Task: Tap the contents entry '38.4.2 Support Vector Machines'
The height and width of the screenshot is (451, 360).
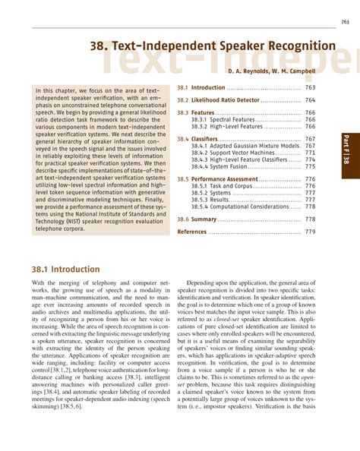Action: [234, 153]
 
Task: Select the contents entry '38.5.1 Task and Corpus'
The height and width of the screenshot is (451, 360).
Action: [221, 186]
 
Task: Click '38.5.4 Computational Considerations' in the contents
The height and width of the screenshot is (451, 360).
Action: [239, 206]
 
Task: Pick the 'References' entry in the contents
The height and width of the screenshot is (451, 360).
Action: [191, 231]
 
